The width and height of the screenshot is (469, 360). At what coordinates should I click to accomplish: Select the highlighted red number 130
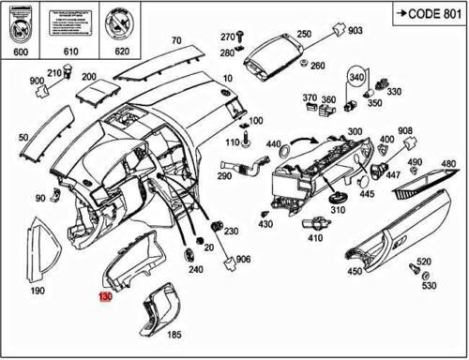[x=105, y=297]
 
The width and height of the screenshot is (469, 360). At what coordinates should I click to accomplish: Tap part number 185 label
[x=174, y=335]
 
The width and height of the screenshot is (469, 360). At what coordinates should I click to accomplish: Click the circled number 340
[x=356, y=75]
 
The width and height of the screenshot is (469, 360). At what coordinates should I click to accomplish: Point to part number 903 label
[x=355, y=31]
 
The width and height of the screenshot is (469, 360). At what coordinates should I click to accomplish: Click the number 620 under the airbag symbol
[x=121, y=52]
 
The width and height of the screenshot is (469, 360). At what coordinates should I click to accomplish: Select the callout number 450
[x=355, y=272]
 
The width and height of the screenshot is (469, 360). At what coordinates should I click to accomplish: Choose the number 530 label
[x=429, y=285]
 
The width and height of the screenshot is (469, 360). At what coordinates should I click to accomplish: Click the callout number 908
[x=404, y=130]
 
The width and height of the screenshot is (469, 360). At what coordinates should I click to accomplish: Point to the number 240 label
[x=195, y=270]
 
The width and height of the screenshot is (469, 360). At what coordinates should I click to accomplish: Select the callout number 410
[x=315, y=238]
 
